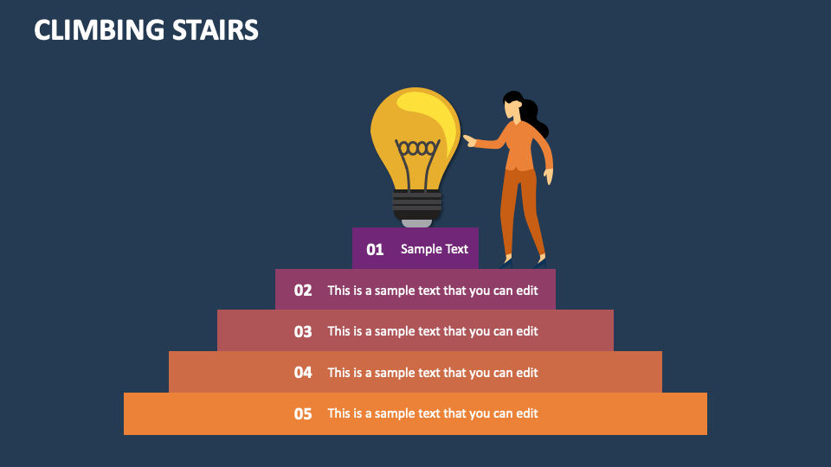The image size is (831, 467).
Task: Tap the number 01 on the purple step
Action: [375, 249]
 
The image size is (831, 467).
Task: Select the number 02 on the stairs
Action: [303, 291]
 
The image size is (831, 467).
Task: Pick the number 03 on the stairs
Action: [303, 331]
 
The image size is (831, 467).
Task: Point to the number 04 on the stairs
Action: [303, 373]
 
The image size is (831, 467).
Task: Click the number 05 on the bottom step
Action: [303, 414]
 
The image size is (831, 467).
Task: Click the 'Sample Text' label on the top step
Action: [434, 249]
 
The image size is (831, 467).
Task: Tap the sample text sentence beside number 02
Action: [433, 291]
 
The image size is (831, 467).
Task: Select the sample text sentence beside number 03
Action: [433, 331]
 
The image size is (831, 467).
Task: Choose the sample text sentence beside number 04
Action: [433, 373]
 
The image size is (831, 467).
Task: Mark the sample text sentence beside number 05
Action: [433, 413]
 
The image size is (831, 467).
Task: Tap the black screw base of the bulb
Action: [417, 204]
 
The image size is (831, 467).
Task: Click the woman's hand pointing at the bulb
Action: [470, 140]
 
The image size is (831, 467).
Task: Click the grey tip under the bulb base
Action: [417, 222]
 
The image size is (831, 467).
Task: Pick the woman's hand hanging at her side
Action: [549, 176]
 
